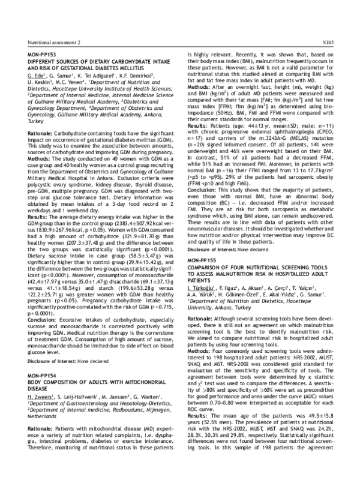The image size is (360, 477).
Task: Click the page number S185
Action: point(334,43)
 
